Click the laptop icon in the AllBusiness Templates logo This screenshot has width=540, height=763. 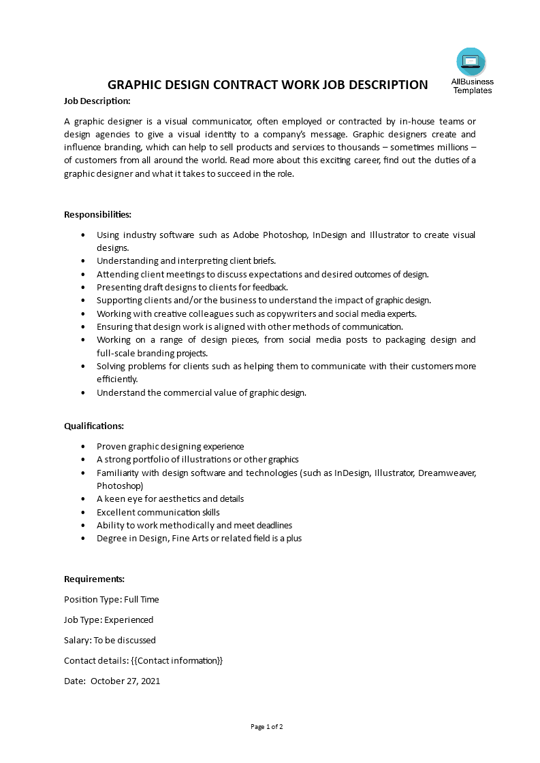[471, 62]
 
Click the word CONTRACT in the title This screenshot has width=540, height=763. [244, 85]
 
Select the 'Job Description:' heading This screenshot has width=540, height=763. [97, 101]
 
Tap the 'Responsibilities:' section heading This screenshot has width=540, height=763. [97, 214]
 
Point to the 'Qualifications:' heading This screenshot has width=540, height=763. [94, 426]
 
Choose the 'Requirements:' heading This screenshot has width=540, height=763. [94, 579]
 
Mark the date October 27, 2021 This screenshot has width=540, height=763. [125, 681]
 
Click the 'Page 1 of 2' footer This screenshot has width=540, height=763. [267, 726]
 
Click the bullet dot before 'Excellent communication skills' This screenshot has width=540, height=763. [83, 512]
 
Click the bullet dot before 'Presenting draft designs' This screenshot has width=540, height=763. [83, 288]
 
